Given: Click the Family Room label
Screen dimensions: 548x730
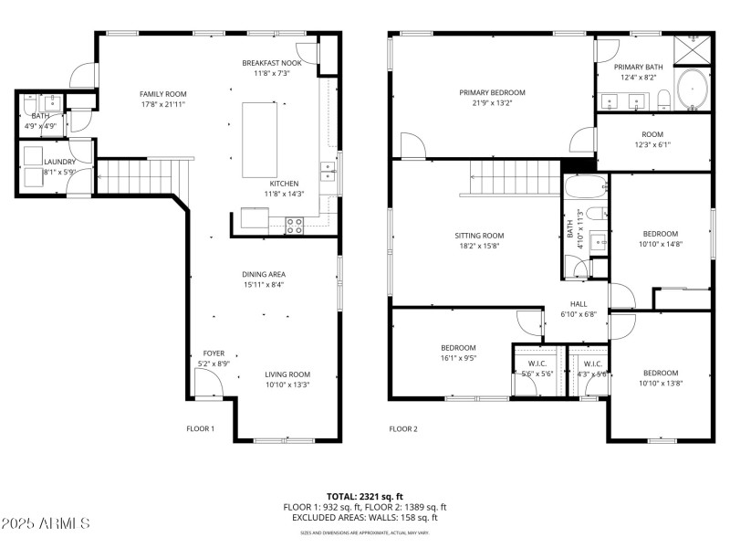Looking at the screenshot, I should (162, 94).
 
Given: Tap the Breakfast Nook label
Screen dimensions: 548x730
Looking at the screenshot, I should (271, 63).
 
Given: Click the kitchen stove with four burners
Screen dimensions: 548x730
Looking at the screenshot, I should (294, 225).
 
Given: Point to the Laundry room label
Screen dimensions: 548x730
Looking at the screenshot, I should (59, 162).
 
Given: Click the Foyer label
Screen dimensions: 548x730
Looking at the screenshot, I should (214, 353).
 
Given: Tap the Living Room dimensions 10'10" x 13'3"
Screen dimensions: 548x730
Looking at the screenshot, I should (287, 385).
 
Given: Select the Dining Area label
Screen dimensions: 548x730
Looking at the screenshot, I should (264, 274).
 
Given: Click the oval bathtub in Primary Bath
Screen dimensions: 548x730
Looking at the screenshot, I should (693, 90).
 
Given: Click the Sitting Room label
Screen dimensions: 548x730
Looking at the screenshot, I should (479, 236).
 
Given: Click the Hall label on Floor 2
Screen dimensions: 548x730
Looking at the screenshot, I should (579, 304).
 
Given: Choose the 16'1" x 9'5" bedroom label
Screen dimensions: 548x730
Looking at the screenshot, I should (458, 347).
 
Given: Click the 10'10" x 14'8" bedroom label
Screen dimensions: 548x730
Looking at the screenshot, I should (660, 234).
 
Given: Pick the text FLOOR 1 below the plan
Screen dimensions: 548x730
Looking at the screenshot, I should (200, 428).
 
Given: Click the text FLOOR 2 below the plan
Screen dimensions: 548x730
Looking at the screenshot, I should (402, 428).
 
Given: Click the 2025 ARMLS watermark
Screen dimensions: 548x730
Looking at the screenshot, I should (46, 523).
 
